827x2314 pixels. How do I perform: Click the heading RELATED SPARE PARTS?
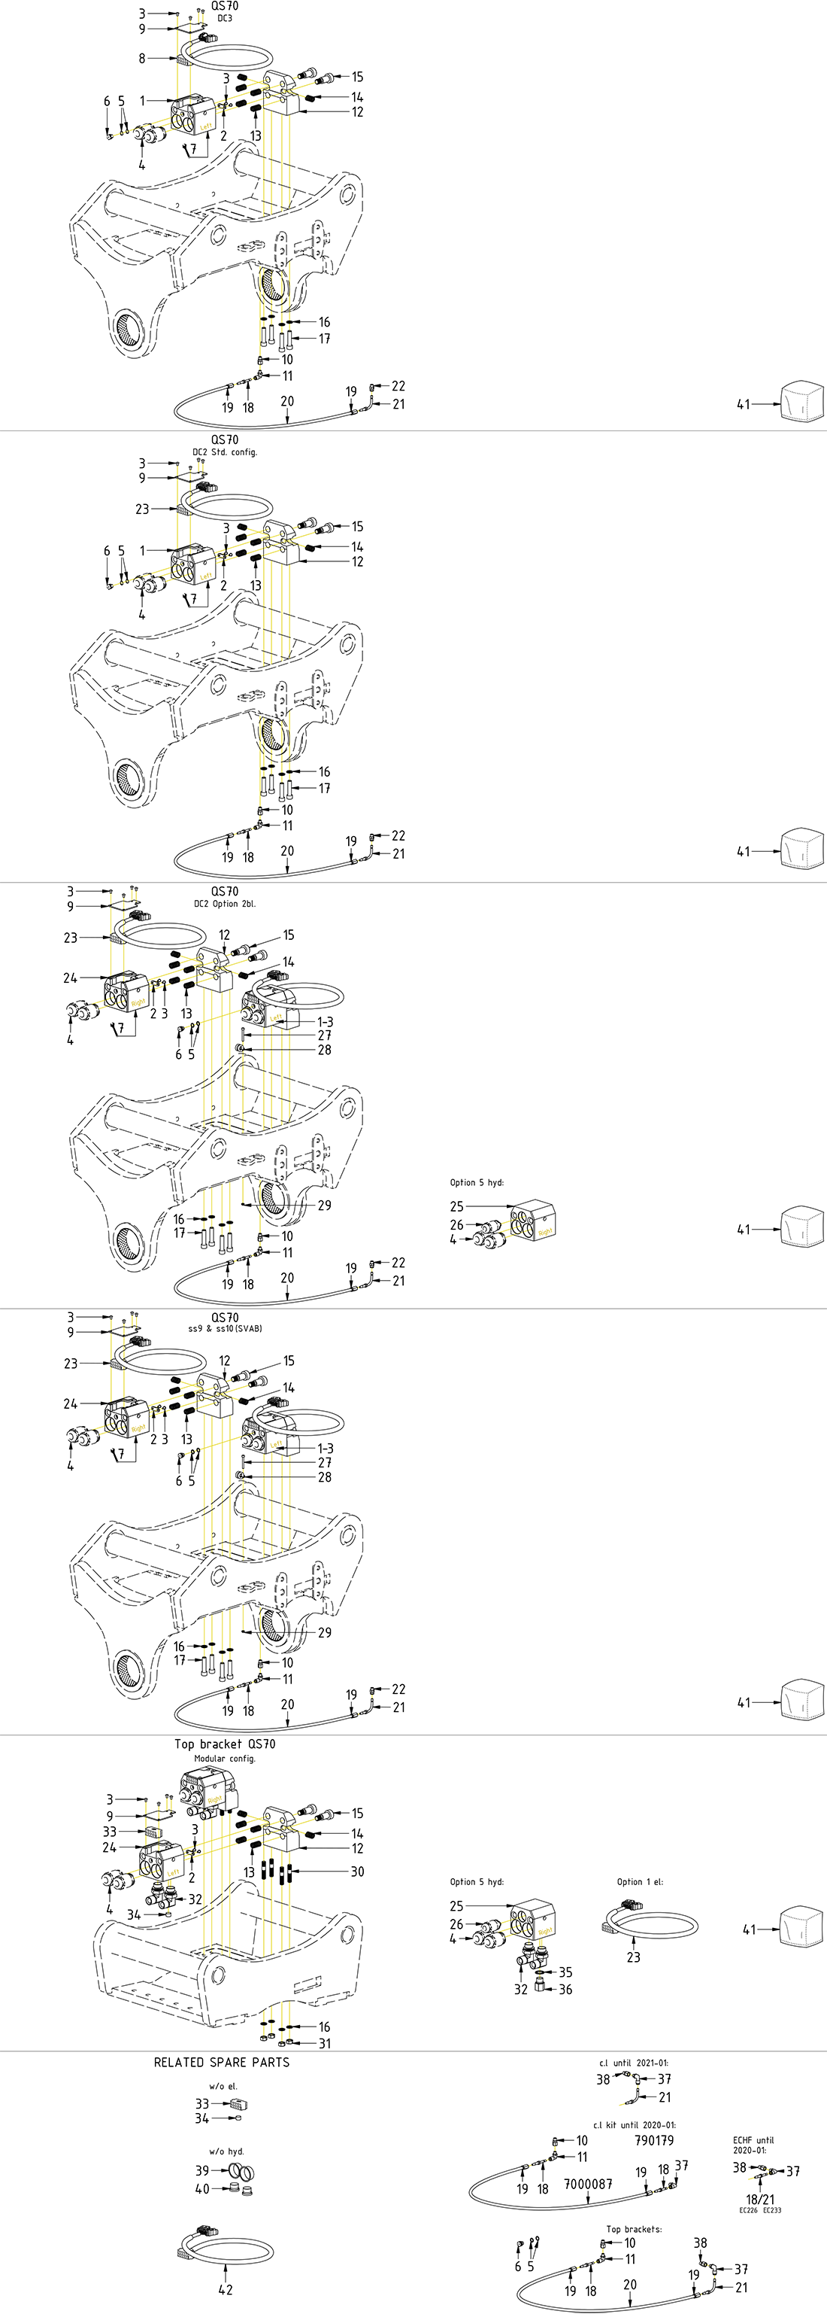[x=222, y=2062]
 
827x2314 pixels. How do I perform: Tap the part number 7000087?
[x=588, y=2183]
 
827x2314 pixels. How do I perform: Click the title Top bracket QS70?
[x=225, y=1744]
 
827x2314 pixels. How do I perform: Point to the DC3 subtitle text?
[x=225, y=18]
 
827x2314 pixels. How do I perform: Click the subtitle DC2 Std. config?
[x=225, y=452]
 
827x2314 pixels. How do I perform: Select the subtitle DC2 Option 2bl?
[x=225, y=904]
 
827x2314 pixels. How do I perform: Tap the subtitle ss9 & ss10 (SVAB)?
[x=225, y=1328]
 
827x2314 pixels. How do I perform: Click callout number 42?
[x=225, y=2289]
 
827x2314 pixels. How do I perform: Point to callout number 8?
[x=142, y=59]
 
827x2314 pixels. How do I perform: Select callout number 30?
[x=357, y=1872]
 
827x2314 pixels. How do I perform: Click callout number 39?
[x=202, y=2170]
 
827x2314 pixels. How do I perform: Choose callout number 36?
[x=565, y=1989]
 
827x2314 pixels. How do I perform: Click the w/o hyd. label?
[x=226, y=2151]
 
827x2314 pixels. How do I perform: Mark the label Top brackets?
[x=634, y=2229]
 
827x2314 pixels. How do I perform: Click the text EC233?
[x=772, y=2210]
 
